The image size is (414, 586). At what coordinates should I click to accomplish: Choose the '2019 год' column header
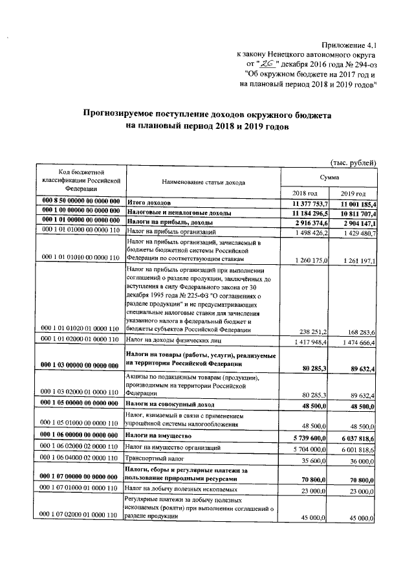(x=353, y=194)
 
